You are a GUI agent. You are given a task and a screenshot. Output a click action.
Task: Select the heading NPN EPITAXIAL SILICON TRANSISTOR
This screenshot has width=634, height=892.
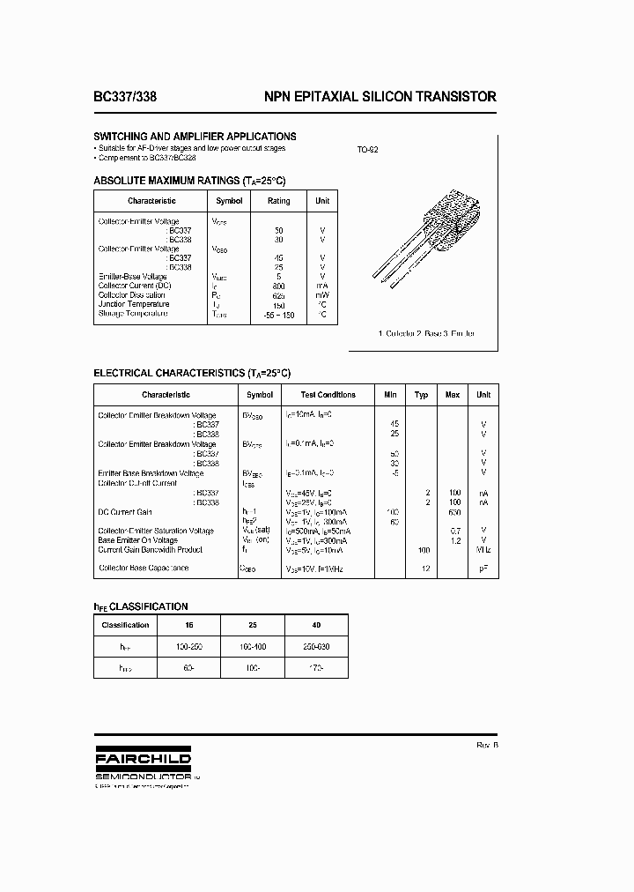pos(380,97)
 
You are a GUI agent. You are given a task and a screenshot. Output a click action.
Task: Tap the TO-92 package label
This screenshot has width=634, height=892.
pos(367,150)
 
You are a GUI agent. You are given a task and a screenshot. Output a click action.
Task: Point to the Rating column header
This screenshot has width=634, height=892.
pos(278,201)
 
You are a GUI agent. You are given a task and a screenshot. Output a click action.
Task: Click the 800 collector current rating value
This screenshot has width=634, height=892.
pos(279,286)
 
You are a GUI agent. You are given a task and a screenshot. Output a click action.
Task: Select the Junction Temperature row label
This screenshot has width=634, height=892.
pos(134,304)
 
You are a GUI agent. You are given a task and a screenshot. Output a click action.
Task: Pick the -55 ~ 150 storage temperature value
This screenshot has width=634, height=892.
pos(278,314)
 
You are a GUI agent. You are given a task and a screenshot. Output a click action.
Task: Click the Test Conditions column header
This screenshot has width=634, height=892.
pos(328,395)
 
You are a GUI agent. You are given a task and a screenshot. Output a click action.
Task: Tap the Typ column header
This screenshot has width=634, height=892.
pos(421,395)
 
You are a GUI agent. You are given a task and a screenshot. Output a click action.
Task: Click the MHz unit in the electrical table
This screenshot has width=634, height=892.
pos(483,549)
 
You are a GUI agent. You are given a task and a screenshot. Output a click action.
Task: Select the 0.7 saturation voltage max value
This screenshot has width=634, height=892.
pos(454,531)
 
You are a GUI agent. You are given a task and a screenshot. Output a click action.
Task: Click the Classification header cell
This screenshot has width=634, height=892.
pos(125,624)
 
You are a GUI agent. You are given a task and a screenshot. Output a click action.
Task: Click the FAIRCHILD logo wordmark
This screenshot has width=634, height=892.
pos(142,758)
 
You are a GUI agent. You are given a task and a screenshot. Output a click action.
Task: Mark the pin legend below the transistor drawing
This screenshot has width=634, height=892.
pos(425,334)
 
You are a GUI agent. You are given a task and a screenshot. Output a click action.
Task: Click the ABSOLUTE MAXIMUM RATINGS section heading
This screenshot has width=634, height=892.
pos(189,180)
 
